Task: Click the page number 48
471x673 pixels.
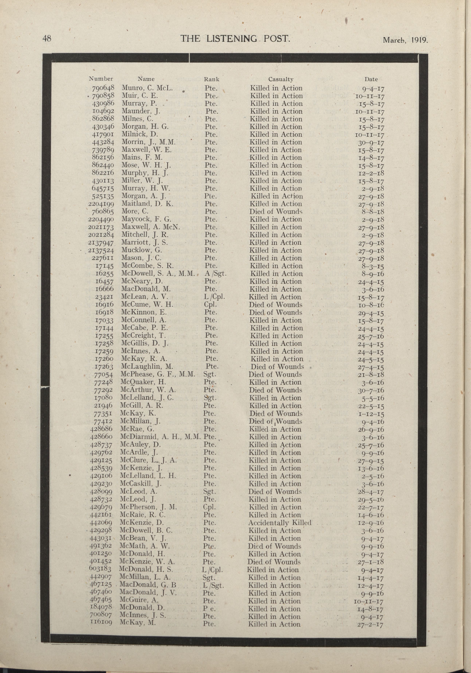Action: pyautogui.click(x=47, y=38)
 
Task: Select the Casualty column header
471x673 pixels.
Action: pyautogui.click(x=281, y=79)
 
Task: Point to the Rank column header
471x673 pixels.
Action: pyautogui.click(x=212, y=79)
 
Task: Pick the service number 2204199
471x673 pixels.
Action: pyautogui.click(x=101, y=204)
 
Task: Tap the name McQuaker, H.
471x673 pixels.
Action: pyautogui.click(x=143, y=382)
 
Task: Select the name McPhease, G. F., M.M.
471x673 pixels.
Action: pyautogui.click(x=157, y=374)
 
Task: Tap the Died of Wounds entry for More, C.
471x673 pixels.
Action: pyautogui.click(x=276, y=212)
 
